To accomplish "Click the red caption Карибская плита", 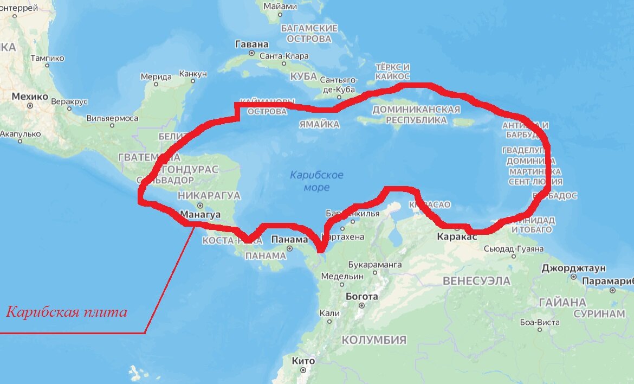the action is point(67,312).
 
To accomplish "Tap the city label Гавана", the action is point(252,44).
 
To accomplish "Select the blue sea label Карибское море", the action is point(316,181).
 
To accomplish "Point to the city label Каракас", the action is point(457,236).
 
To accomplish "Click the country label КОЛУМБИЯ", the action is point(373,340).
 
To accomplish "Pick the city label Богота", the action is point(362,296).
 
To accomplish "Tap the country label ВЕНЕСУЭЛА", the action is point(476,281).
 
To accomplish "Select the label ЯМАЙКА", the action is point(319,125).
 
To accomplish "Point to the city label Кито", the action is point(303,361).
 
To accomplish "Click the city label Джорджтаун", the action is point(573,268).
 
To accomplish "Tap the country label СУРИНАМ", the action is point(599,313).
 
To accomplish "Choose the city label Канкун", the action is point(193,73).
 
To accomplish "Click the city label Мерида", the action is point(156,76).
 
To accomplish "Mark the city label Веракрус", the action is point(69,101).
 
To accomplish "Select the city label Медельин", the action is point(342,276).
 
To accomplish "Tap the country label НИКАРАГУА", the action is point(209,195).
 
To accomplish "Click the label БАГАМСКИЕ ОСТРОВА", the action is point(309,34).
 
